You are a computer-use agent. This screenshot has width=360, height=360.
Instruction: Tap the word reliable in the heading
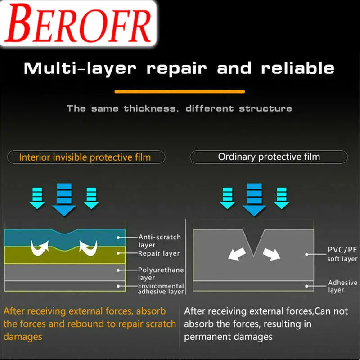[298, 68]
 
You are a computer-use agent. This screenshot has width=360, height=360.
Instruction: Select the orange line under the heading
[180, 91]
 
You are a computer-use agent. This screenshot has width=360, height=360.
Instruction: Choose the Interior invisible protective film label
[85, 157]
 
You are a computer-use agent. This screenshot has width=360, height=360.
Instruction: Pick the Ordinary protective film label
[269, 157]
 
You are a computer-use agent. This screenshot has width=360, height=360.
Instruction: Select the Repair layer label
[159, 253]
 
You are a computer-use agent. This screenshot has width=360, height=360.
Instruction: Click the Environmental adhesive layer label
[161, 288]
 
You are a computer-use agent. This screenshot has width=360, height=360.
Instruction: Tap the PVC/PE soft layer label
[342, 254]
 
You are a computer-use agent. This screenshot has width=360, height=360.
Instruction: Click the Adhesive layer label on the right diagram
[342, 286]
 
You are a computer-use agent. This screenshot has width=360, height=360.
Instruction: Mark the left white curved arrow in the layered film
[40, 247]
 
